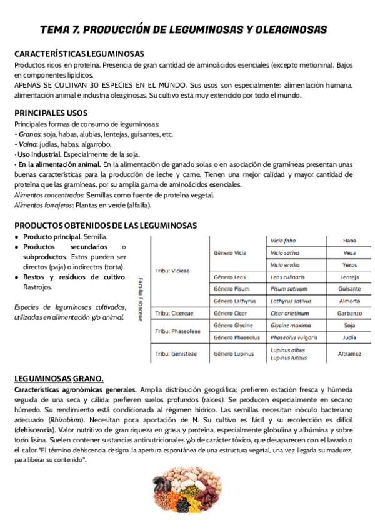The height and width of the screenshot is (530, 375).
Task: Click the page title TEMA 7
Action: point(182,29)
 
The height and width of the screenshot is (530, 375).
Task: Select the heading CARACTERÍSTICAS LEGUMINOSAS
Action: point(79,54)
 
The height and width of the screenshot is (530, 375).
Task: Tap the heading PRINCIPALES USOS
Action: point(51,113)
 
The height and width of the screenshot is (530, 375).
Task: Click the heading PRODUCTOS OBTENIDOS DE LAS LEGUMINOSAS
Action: point(105,225)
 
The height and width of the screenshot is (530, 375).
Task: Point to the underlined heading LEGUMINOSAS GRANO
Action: point(59,379)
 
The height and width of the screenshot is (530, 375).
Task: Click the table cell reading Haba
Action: point(349,241)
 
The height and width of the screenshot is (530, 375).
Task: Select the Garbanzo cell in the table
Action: point(349,312)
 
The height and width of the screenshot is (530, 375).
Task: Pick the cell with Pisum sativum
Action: point(288,289)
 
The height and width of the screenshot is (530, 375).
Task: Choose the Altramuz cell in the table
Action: point(349,354)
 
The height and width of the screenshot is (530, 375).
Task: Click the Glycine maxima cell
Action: point(291,325)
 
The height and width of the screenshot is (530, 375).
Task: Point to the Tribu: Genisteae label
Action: point(176,354)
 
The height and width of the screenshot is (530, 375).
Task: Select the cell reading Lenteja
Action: point(349,277)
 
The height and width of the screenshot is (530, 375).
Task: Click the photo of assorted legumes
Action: point(187,497)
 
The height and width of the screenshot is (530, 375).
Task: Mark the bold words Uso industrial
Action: point(39,154)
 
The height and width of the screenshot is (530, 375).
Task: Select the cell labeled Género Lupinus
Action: point(234,354)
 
